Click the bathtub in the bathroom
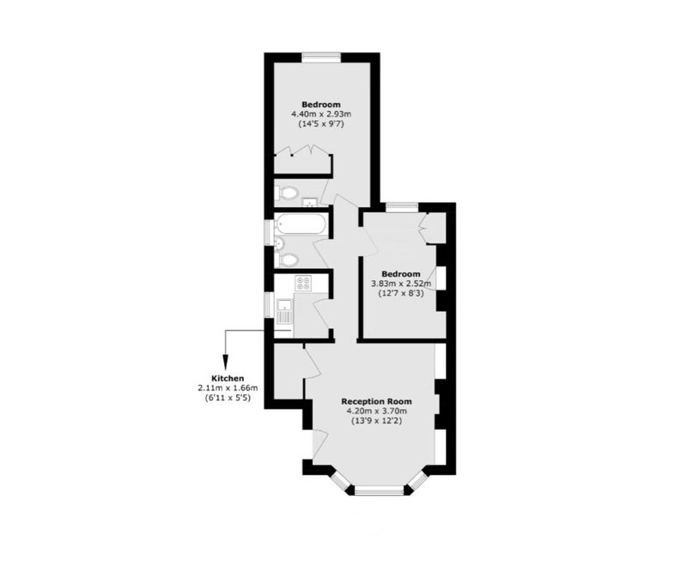301,224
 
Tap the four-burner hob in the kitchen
303,283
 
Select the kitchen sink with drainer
285,310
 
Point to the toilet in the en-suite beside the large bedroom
287,192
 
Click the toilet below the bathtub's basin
287,260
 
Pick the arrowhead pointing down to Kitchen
225,361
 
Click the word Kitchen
228,378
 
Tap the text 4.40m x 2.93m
321,114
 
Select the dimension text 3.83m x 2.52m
401,284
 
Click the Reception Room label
377,401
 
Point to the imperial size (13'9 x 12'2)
377,421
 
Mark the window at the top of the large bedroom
321,56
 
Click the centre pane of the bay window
379,491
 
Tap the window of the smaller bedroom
402,206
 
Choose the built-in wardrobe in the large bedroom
302,162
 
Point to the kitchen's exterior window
268,305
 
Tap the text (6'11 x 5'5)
228,398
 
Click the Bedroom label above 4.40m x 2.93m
321,104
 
